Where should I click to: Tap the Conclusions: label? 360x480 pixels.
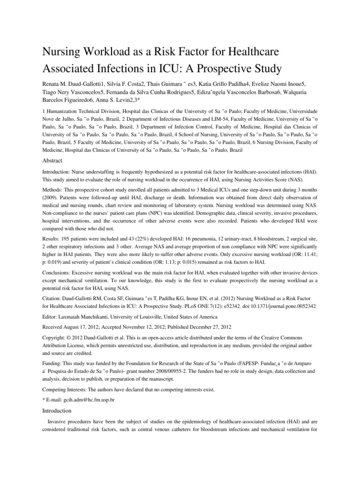pyautogui.click(x=58, y=272)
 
